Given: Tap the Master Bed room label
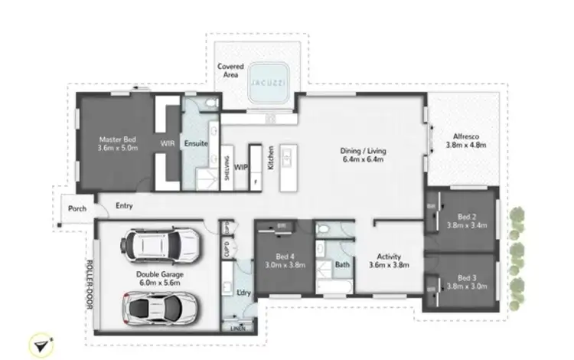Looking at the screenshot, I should point(118,143).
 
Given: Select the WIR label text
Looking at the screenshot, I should point(168,143).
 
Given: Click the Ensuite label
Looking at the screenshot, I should point(195,143).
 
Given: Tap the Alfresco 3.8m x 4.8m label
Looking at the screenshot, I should point(466,141).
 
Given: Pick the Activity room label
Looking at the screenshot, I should point(388,262).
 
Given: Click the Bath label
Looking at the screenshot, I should point(343,266).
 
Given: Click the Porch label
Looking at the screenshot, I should point(77,208).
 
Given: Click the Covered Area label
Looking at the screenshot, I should point(230,71).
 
